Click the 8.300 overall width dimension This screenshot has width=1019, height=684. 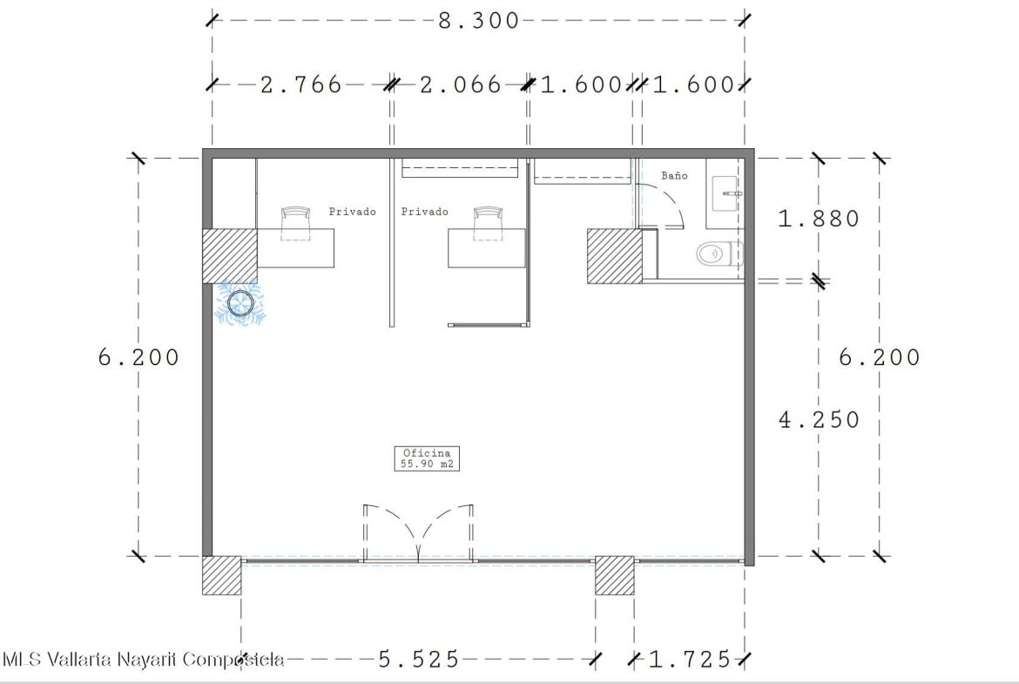[x=478, y=21]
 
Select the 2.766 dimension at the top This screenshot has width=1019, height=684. [x=300, y=85]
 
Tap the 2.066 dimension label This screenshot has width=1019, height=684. [x=461, y=85]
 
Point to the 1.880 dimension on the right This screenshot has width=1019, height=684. [x=819, y=219]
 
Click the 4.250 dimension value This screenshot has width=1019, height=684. [x=819, y=420]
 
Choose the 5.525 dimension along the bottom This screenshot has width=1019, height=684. [x=419, y=660]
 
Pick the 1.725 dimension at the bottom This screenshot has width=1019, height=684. [x=690, y=660]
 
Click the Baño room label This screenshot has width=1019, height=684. [x=675, y=175]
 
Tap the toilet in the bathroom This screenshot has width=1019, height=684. [x=719, y=253]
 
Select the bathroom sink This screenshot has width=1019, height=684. [x=725, y=193]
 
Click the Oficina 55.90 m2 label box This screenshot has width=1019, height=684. [x=427, y=458]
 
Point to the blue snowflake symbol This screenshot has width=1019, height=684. [x=240, y=303]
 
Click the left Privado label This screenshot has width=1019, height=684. [x=352, y=212]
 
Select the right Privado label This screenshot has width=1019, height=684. [x=424, y=212]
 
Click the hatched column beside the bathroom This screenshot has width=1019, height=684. [x=615, y=255]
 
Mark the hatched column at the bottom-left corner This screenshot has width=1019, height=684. [x=221, y=575]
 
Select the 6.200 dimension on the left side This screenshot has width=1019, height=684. [x=138, y=357]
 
